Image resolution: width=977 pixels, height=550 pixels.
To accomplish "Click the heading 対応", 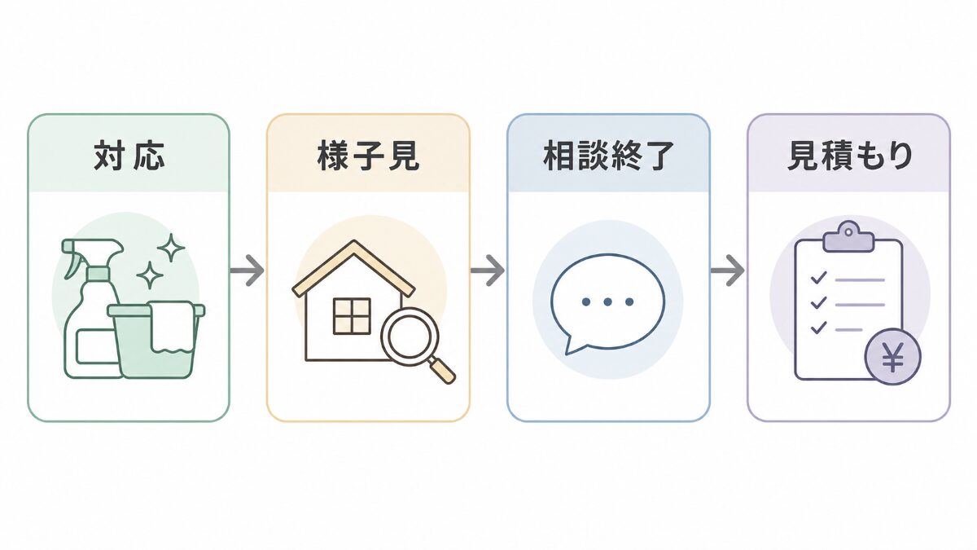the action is [x=129, y=155].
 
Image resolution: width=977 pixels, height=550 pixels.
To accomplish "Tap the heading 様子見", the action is [x=369, y=155].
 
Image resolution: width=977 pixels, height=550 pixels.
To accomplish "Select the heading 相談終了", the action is [x=608, y=155].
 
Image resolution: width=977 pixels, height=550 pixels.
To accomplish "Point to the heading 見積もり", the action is [x=849, y=155].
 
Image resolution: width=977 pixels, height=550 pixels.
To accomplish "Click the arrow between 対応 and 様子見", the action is [x=248, y=271].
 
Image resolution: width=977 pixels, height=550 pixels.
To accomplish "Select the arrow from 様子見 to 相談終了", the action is [x=488, y=271].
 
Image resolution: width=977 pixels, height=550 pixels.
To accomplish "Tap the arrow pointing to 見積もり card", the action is [x=728, y=271].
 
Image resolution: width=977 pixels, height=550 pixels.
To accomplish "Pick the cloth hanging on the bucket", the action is [x=172, y=327].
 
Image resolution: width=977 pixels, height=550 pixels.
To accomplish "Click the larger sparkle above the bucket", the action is [x=171, y=248].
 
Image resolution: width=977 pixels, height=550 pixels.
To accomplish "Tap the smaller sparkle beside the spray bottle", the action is [x=150, y=275].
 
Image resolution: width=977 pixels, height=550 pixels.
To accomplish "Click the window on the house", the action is [x=352, y=316].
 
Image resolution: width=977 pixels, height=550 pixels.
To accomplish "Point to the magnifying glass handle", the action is [x=442, y=369].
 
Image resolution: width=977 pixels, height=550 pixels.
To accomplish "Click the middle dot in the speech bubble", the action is [x=607, y=301].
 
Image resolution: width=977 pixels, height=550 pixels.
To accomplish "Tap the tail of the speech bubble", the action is [x=573, y=345].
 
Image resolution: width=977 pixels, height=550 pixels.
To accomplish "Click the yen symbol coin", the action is [x=893, y=357].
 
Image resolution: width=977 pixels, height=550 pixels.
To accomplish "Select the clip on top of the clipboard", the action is [x=848, y=238].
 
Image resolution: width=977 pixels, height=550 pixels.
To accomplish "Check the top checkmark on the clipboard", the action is [x=818, y=278].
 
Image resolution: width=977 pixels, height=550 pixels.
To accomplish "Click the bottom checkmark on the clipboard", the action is [x=818, y=328].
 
